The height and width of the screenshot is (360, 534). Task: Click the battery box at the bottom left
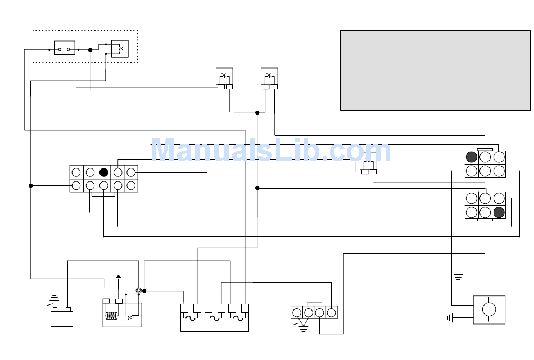pos(62,319)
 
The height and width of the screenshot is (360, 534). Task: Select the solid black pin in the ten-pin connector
pos(103,172)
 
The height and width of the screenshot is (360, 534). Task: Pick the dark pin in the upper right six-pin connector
pos(472,157)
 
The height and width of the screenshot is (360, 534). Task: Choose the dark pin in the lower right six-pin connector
pos(499,212)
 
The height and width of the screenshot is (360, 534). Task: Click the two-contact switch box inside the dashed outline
pos(64,48)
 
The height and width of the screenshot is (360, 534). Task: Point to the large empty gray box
pos(435,70)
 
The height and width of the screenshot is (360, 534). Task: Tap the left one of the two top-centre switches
pos(224,76)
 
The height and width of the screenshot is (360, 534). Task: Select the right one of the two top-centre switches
pos(269,76)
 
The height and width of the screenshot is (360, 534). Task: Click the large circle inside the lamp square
pos(489,309)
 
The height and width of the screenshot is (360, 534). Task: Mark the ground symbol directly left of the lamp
pos(450,318)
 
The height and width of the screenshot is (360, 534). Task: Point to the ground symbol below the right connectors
pos(458,277)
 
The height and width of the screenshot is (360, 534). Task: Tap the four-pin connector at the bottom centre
pos(314,312)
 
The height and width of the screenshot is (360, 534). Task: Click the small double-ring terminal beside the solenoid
pos(139,290)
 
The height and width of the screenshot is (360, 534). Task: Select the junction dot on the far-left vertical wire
pos(31,185)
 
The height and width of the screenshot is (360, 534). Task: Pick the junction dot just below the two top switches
pos(257,112)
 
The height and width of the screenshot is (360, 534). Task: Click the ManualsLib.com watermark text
pos(271,151)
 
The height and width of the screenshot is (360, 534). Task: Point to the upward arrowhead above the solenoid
pos(118,277)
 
